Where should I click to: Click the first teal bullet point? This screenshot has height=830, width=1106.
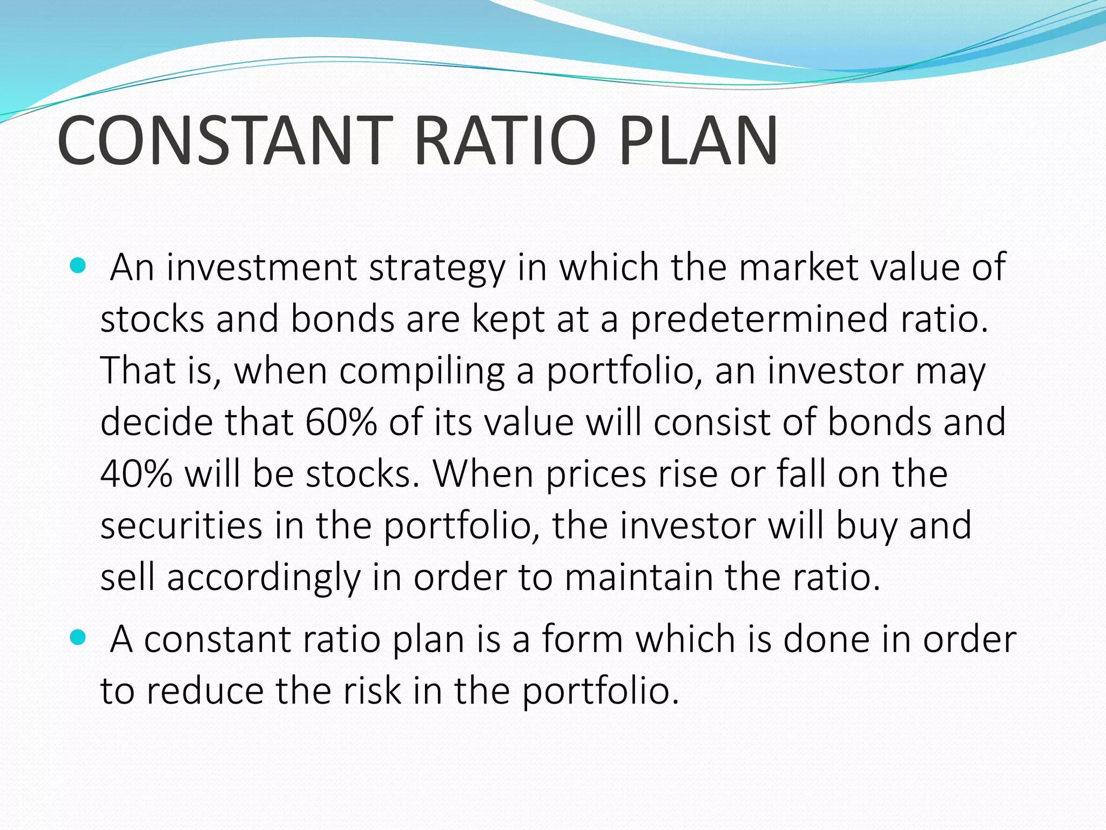click(78, 266)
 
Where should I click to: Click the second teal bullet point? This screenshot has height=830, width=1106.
click(78, 638)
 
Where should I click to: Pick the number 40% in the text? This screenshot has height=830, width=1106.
click(136, 474)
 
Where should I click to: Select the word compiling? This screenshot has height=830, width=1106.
click(422, 372)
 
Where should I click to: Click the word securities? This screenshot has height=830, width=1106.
click(181, 526)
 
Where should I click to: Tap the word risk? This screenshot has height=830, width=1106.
click(373, 691)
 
